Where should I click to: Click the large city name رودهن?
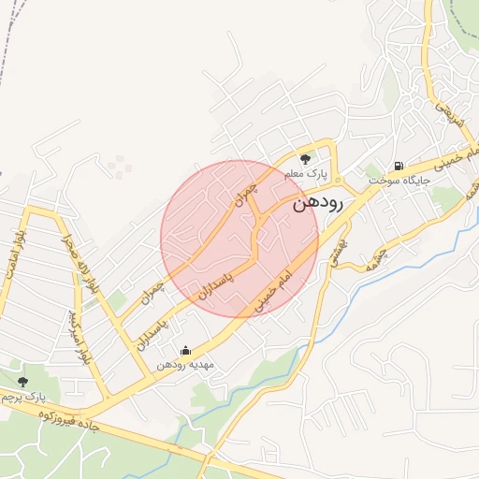(318, 203)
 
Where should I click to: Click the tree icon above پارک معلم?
(304, 159)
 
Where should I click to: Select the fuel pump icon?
(399, 166)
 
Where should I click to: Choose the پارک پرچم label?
(23, 397)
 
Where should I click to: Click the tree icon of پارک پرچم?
(22, 381)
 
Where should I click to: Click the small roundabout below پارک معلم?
(337, 180)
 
